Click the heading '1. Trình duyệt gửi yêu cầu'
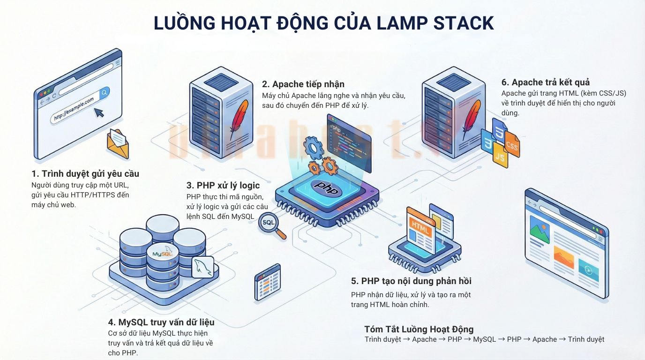click(x=85, y=174)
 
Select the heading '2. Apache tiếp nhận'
click(x=303, y=84)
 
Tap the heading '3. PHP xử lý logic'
click(x=223, y=185)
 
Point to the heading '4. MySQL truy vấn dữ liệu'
click(x=161, y=322)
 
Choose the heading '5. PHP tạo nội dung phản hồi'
click(x=411, y=281)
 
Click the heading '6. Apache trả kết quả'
click(x=546, y=82)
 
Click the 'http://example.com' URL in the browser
click(x=74, y=109)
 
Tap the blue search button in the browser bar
click(x=104, y=92)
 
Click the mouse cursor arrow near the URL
click(x=99, y=112)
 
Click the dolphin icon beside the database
click(x=202, y=267)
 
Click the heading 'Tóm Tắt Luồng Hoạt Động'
click(x=419, y=329)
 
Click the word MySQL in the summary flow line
click(x=484, y=339)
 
